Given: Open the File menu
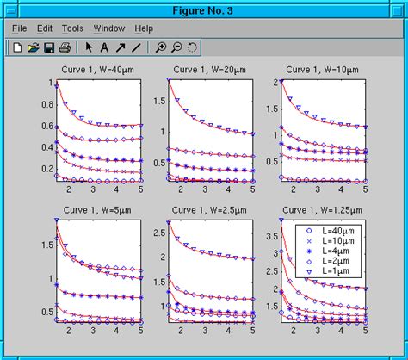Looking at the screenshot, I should tap(20, 28).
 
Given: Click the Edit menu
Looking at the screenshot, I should tap(45, 28).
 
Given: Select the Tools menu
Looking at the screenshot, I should tap(73, 28).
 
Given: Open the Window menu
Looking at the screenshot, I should tap(108, 28).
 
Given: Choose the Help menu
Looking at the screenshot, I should tap(144, 28).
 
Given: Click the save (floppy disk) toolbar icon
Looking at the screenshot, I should tap(49, 47).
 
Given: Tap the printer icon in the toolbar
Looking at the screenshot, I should tap(64, 47).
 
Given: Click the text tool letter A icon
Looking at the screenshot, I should tap(104, 47).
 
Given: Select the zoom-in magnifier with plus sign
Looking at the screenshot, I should tap(161, 47).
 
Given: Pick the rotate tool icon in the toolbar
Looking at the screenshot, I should tap(192, 47).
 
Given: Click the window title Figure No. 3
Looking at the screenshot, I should tap(204, 8).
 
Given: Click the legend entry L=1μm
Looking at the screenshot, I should tap(337, 272).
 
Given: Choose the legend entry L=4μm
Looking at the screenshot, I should tap(337, 251).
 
